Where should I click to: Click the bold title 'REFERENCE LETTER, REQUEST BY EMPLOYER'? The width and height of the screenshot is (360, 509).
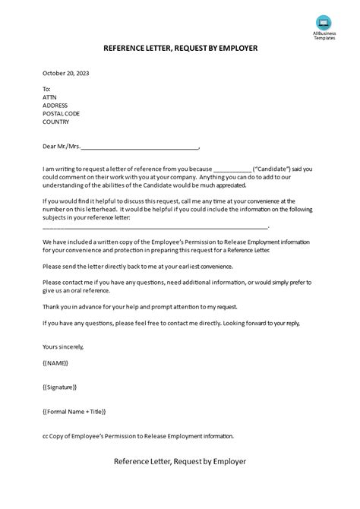[180, 48]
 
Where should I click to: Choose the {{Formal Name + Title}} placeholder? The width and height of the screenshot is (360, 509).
[74, 411]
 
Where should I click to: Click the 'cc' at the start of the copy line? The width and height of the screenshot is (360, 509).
[46, 436]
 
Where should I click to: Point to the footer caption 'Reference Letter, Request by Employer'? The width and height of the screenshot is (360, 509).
[180, 461]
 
